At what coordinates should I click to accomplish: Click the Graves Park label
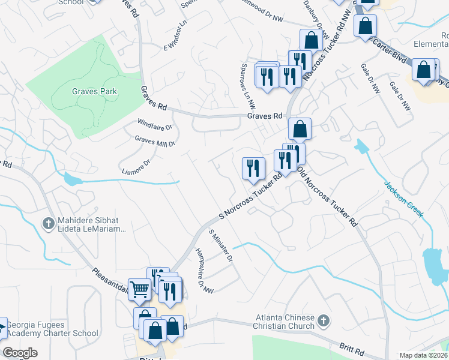pyautogui.click(x=94, y=92)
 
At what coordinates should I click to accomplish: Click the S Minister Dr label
pyautogui.click(x=220, y=246)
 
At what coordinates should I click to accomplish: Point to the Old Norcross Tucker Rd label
pyautogui.click(x=328, y=196)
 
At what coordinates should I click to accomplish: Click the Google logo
pyautogui.click(x=20, y=353)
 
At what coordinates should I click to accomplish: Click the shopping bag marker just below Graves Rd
pyautogui.click(x=300, y=128)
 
